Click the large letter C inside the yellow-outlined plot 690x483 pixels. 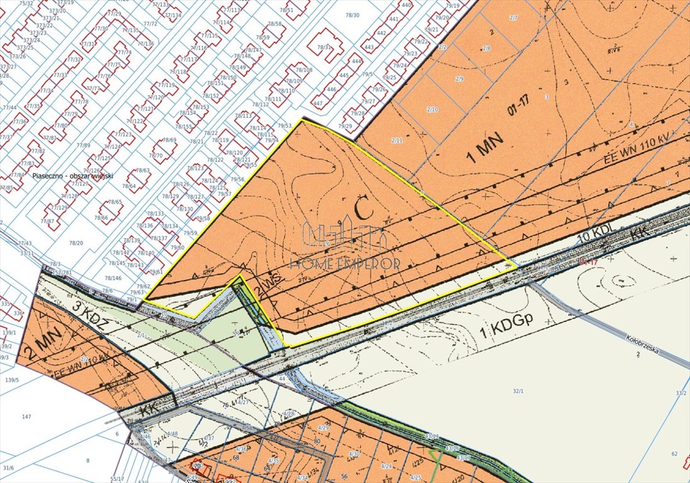[x=362, y=209]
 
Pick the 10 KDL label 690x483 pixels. [x=594, y=235]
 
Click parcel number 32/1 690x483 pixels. [x=518, y=391]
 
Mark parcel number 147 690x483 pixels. [x=26, y=417]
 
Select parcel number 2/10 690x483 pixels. [x=432, y=109]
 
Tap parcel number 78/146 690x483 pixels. [x=113, y=278]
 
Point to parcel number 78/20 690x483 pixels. [x=76, y=242]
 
